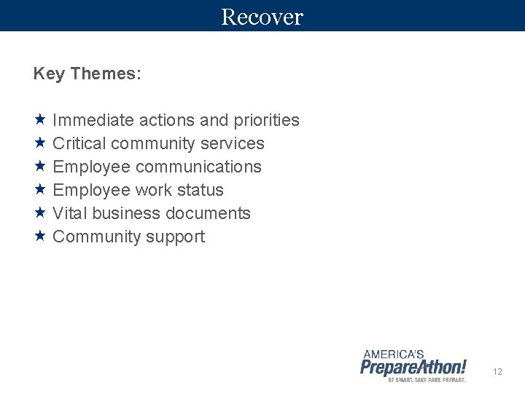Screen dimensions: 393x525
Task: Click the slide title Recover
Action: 262,16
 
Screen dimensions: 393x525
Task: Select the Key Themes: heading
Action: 87,74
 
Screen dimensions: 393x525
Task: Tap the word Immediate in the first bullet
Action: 93,120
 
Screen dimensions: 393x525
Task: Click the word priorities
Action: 266,120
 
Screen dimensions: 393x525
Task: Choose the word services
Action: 235,143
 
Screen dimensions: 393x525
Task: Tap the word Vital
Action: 70,213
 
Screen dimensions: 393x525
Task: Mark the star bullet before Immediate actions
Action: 40,119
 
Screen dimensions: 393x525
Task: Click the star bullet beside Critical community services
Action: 40,143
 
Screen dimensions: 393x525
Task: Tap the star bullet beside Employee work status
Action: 40,189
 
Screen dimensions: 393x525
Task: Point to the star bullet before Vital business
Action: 40,213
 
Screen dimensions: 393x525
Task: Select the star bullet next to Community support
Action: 40,236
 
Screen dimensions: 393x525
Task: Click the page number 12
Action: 497,372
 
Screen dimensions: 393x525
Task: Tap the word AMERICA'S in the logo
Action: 394,354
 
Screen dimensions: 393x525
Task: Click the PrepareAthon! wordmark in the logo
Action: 413,366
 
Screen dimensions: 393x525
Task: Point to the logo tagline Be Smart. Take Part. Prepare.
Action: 427,380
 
